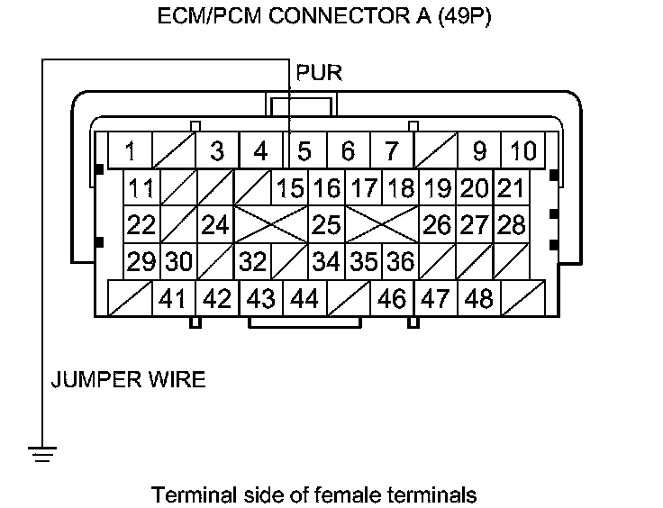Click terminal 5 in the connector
click(304, 150)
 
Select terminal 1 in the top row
click(132, 150)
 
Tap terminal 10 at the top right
click(522, 150)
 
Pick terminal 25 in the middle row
click(326, 222)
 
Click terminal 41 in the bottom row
click(172, 298)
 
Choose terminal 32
click(254, 261)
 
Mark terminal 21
click(511, 188)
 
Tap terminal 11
click(141, 188)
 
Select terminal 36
click(400, 261)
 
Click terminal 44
click(304, 298)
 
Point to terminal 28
click(511, 222)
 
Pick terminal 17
click(363, 188)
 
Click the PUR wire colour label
click(319, 72)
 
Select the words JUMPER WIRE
click(127, 379)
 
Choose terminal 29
click(141, 261)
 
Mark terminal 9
click(479, 150)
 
